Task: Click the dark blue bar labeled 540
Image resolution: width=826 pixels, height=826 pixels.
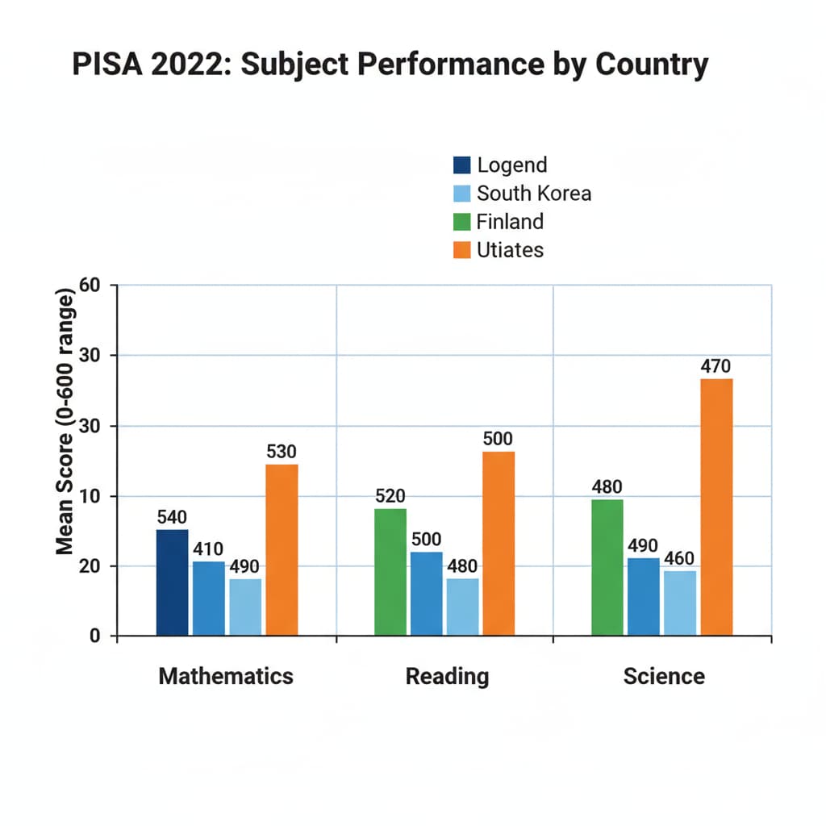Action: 172,582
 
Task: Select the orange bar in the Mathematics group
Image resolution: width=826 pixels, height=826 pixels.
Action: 282,549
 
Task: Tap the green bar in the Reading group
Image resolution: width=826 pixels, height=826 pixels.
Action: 390,571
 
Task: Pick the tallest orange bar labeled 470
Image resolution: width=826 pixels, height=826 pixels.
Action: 716,507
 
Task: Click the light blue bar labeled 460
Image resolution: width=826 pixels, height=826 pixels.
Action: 680,603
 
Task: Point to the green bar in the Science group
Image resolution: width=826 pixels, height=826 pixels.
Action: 607,567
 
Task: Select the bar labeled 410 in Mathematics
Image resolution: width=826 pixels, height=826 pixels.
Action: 209,598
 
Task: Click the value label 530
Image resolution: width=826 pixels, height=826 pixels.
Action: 282,452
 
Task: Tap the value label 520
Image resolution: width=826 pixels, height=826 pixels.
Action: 390,496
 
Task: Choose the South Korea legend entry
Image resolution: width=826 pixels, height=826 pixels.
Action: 533,194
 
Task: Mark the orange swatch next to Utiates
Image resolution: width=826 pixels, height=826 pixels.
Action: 461,250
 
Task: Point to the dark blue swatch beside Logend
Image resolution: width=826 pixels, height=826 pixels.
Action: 461,165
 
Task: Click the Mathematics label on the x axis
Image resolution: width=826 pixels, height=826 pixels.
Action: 226,675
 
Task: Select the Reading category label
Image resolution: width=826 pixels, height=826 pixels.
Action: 447,675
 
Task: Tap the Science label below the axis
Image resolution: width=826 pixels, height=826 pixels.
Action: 664,675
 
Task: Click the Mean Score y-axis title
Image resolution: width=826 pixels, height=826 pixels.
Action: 65,419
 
